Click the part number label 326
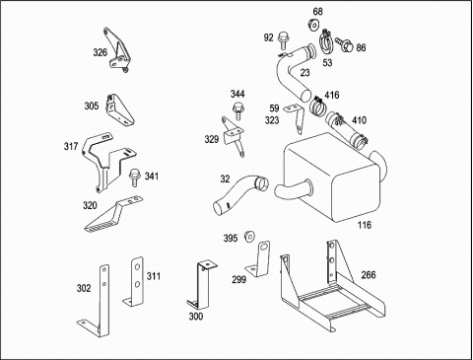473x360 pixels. click(101, 52)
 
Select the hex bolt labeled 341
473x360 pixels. click(134, 178)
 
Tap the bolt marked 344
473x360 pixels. click(237, 111)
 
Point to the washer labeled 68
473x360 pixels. click(313, 25)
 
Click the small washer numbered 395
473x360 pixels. click(250, 237)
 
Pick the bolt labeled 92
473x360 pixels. click(283, 39)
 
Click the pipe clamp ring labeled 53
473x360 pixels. click(326, 42)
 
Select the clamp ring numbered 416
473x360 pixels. click(317, 106)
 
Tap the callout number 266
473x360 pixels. click(369, 275)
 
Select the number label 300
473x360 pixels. click(196, 317)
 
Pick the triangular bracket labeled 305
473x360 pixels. click(119, 110)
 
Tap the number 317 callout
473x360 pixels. click(71, 146)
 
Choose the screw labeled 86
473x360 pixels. click(344, 44)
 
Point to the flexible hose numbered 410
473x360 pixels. click(347, 131)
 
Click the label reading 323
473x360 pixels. click(272, 120)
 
